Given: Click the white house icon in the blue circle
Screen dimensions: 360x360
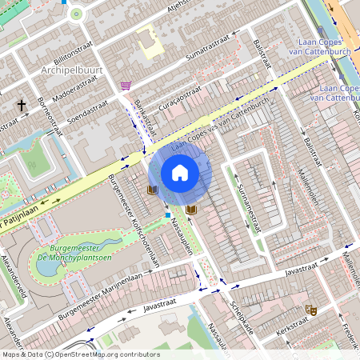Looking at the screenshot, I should tap(180, 173).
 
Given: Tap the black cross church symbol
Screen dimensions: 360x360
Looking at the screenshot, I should tap(22, 105).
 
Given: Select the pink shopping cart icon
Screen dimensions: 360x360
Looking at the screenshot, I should tap(126, 85).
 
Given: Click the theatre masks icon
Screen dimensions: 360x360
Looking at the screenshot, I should tap(310, 310).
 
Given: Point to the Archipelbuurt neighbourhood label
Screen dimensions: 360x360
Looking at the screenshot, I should tap(71, 71).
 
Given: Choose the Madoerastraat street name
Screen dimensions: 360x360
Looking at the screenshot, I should tap(54, 94).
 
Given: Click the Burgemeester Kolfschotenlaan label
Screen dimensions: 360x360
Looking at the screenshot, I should tap(134, 221).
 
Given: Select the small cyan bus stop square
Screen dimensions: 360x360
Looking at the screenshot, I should tap(167, 214).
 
